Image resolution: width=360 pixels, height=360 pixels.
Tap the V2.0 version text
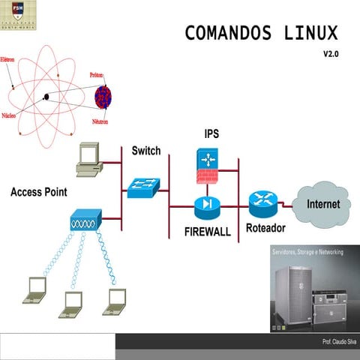point(331,55)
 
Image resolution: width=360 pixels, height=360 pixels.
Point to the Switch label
point(145,151)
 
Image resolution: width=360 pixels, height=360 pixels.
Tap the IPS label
point(211,133)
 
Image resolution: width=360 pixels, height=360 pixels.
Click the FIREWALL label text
point(208,232)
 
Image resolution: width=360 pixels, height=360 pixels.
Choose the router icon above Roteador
point(262,199)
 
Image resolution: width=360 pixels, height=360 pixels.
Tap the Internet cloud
point(323,203)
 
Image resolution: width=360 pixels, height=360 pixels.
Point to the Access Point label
point(39,192)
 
